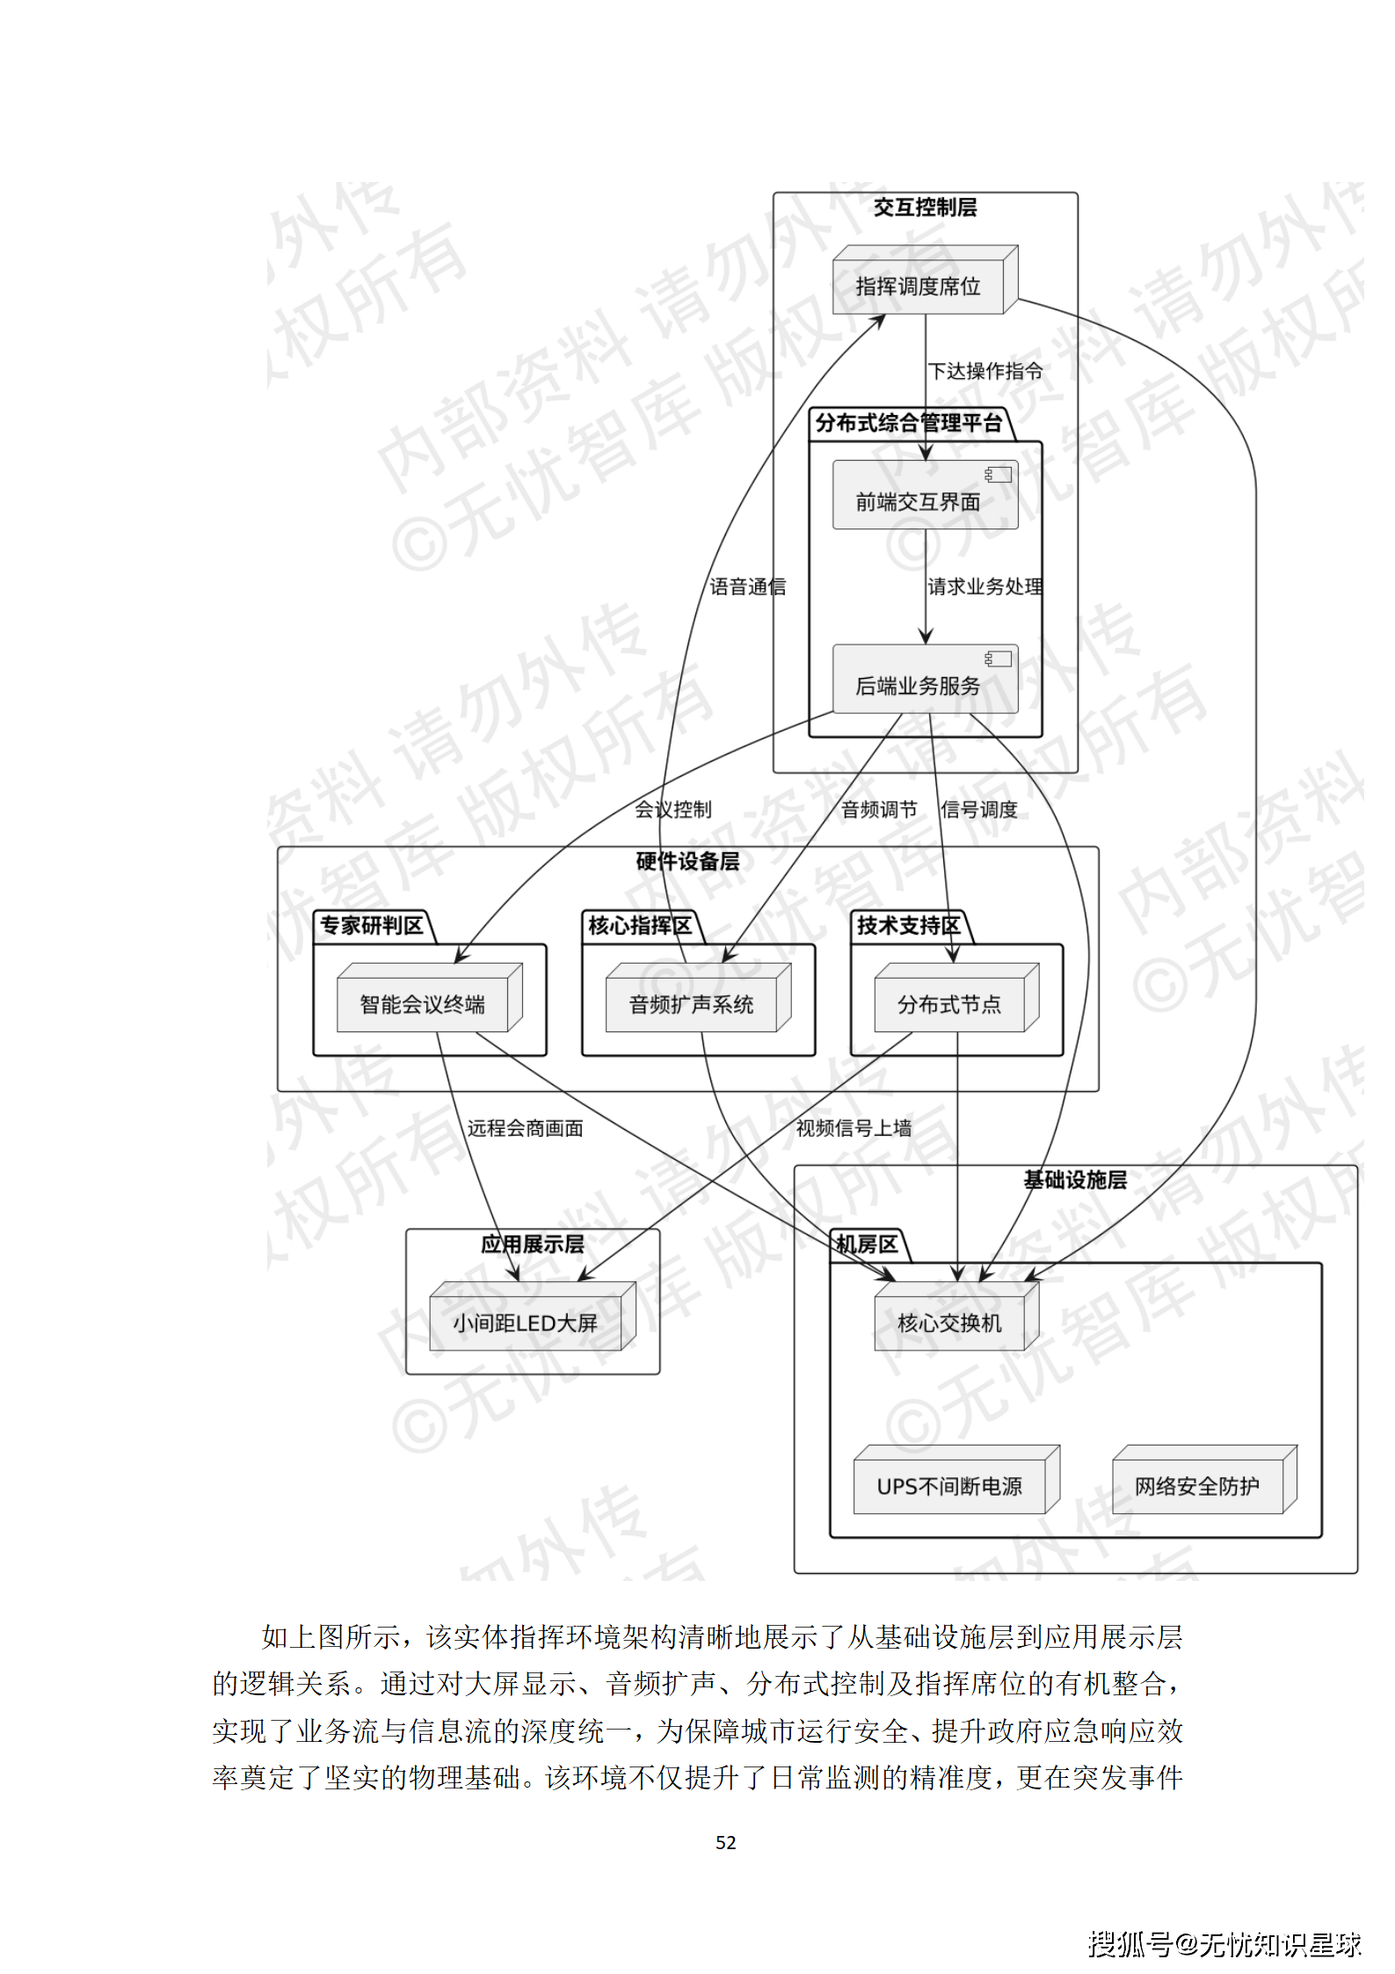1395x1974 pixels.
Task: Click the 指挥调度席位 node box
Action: [x=919, y=286]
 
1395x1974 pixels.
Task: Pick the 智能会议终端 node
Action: [x=423, y=1003]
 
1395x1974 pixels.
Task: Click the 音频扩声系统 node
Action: [x=692, y=1003]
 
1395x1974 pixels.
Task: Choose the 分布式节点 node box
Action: [x=949, y=1003]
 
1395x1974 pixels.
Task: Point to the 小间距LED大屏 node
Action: [x=526, y=1322]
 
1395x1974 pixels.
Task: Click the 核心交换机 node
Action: [x=949, y=1322]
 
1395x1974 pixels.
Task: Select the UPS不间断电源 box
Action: [x=950, y=1485]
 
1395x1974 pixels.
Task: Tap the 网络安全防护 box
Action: [x=1197, y=1485]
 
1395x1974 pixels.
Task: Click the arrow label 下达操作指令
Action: [x=985, y=371]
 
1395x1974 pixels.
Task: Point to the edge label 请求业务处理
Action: [x=985, y=586]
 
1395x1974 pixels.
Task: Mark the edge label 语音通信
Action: [x=748, y=586]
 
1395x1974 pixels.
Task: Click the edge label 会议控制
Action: [x=673, y=809]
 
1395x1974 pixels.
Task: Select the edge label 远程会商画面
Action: [x=525, y=1127]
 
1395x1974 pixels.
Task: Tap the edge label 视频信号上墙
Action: [x=854, y=1127]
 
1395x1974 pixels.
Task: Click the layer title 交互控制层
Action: [x=925, y=208]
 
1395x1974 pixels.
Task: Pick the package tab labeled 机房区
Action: [x=867, y=1244]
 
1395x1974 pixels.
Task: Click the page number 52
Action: [x=726, y=1842]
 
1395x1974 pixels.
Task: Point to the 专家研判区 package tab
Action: [x=371, y=925]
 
